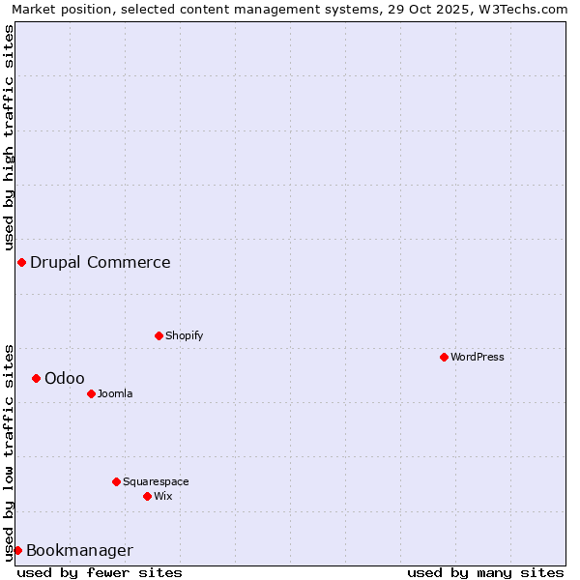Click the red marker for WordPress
pyautogui.click(x=444, y=357)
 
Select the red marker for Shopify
pyautogui.click(x=159, y=335)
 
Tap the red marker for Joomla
pyautogui.click(x=91, y=393)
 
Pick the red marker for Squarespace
pyautogui.click(x=116, y=481)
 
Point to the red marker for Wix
pyautogui.click(x=147, y=496)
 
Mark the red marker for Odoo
pyautogui.click(x=36, y=378)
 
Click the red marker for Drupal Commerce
pyautogui.click(x=21, y=262)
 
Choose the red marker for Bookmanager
pyautogui.click(x=17, y=550)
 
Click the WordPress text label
pyautogui.click(x=478, y=357)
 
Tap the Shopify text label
pyautogui.click(x=185, y=335)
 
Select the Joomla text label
pyautogui.click(x=115, y=393)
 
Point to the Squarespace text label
pyautogui.click(x=156, y=481)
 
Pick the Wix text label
pyautogui.click(x=163, y=496)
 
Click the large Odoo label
pyautogui.click(x=65, y=378)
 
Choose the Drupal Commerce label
pyautogui.click(x=101, y=262)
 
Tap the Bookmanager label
pyautogui.click(x=79, y=551)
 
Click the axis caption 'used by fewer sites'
pyautogui.click(x=100, y=572)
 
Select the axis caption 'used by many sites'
pyautogui.click(x=485, y=572)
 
